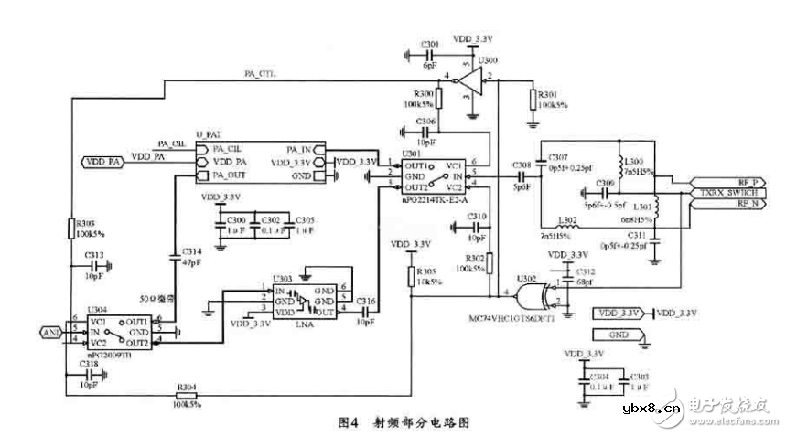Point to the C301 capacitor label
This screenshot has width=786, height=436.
[429, 46]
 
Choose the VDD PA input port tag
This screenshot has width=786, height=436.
[102, 162]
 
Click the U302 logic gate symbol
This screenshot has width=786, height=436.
[531, 294]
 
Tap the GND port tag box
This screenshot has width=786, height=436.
[619, 335]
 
